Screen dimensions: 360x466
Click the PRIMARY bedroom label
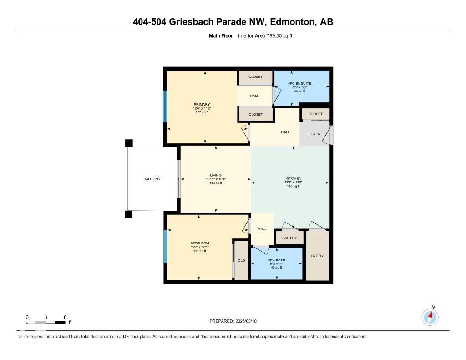[201, 104]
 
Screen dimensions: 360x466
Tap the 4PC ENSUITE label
[299, 84]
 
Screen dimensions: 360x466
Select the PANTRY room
[289, 238]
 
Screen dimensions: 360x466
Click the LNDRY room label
[317, 256]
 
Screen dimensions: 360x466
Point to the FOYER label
[314, 134]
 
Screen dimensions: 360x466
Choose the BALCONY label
[152, 179]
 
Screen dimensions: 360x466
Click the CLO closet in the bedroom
[241, 261]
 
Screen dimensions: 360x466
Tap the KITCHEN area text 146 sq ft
[293, 186]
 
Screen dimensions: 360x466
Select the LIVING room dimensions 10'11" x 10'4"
[216, 179]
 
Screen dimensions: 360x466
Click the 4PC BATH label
[276, 259]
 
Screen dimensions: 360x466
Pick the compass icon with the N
[430, 317]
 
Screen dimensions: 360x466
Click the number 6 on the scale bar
[65, 317]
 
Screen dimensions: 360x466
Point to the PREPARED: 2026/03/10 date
[236, 321]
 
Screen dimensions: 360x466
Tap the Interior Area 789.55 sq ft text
[268, 35]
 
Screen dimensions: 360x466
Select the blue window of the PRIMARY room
[165, 106]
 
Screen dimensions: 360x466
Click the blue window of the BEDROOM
[165, 246]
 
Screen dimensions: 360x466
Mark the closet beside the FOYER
[315, 114]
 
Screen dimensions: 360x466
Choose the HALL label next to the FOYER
[285, 132]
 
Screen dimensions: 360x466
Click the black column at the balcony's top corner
[129, 143]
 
